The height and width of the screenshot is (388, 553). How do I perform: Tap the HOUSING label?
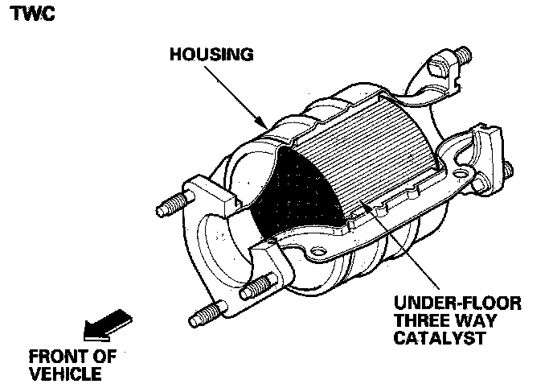pyautogui.click(x=211, y=56)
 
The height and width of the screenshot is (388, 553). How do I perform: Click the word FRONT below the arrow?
pyautogui.click(x=57, y=357)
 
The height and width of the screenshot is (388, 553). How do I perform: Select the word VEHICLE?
pyautogui.click(x=65, y=374)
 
